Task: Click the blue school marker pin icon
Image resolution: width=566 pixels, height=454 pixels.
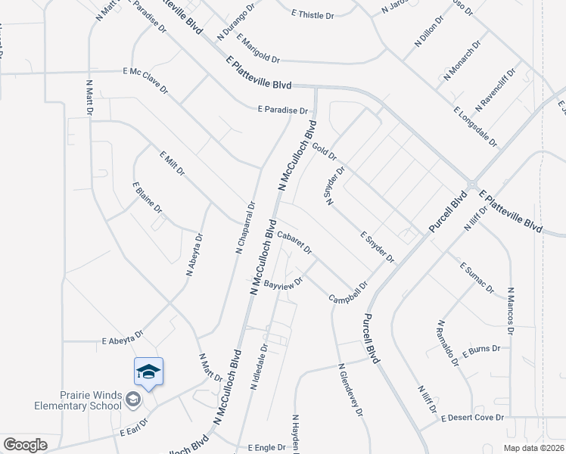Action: click(x=149, y=372)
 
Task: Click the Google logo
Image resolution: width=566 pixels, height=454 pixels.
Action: click(x=25, y=445)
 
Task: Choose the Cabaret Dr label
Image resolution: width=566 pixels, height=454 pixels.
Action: click(x=294, y=244)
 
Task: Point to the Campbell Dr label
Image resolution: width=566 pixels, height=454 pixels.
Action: click(x=348, y=293)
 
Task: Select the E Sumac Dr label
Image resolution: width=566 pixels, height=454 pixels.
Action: click(x=477, y=277)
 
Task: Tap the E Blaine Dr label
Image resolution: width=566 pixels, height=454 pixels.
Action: click(x=148, y=197)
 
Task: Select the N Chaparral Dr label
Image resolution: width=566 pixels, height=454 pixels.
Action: click(x=245, y=226)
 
